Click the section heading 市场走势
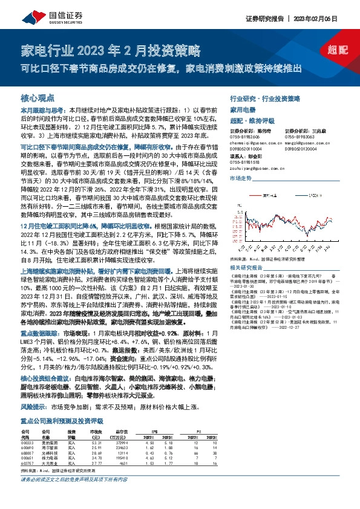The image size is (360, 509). (240, 180)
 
